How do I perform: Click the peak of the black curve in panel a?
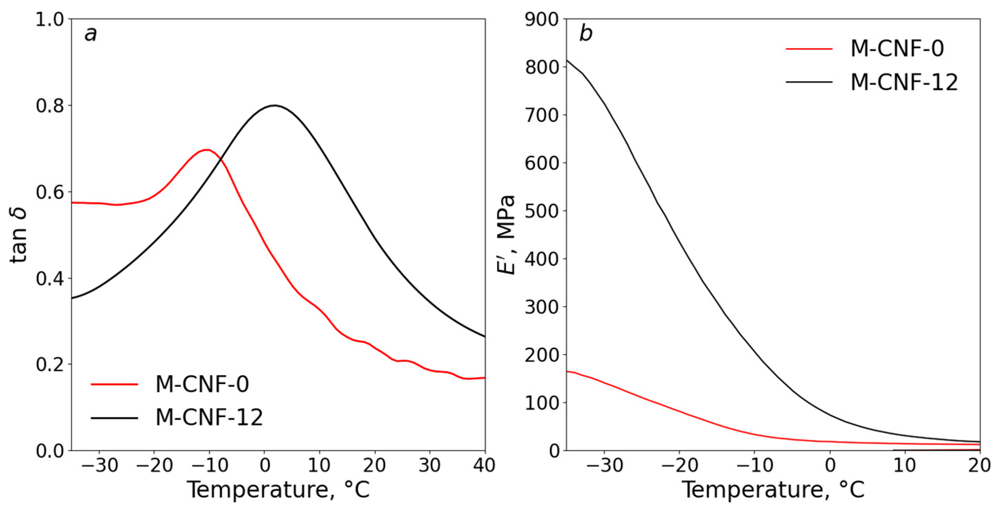274,105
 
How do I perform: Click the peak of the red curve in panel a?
206,150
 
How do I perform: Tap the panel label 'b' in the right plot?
585,34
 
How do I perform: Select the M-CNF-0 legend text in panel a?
202,384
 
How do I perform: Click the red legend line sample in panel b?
809,49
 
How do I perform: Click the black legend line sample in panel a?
114,418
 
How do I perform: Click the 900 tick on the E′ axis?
541,19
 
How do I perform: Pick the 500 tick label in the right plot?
541,211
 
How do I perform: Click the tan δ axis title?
19,235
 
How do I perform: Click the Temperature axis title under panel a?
278,490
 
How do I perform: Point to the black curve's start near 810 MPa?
567,60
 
